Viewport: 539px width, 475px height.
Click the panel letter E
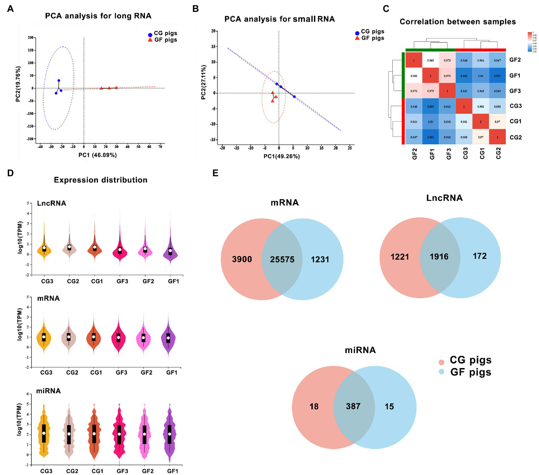coord(215,173)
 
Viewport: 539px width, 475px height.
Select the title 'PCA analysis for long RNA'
coord(98,16)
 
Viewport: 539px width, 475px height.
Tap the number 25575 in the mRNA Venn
coord(282,260)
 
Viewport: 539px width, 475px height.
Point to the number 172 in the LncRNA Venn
coord(479,256)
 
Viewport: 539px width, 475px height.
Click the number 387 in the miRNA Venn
coord(353,406)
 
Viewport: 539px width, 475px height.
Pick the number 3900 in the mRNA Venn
coord(242,260)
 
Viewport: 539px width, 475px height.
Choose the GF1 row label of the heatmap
coord(515,75)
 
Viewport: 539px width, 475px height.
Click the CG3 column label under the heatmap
coord(466,153)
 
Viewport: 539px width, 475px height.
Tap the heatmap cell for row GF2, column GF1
coord(430,60)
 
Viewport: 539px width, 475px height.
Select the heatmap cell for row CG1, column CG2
coord(497,122)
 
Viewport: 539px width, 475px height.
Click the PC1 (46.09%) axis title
coord(98,155)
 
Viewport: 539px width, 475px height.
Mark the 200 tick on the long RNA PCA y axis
coord(31,38)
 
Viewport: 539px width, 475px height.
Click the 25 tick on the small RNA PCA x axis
coord(350,148)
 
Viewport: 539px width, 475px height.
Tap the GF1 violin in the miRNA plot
coord(170,434)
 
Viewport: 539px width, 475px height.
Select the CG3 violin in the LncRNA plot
coord(44,248)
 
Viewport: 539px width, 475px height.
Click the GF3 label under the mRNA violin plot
coord(121,373)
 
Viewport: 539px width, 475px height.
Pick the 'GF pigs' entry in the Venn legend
coord(471,372)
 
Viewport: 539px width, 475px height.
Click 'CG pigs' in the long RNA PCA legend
coord(165,33)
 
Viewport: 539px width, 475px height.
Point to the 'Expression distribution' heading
coord(100,180)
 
